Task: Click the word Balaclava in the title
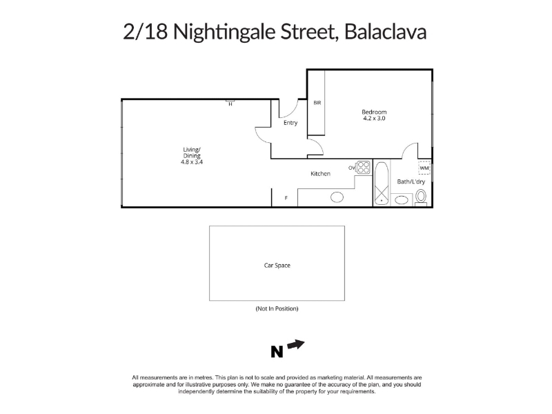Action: coord(386,32)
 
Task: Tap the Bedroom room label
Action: coord(374,112)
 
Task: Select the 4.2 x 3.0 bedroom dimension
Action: coord(374,118)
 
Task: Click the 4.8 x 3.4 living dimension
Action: coord(192,162)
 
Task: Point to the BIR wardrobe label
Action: coord(317,103)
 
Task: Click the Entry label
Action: coord(290,123)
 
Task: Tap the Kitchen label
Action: coord(320,174)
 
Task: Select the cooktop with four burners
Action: coord(364,167)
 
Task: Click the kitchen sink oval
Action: coord(337,197)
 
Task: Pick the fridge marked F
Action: coord(285,198)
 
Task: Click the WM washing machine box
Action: coord(424,168)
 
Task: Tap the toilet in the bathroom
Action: coord(421,197)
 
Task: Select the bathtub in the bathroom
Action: coord(382,183)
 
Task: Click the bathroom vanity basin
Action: coord(402,200)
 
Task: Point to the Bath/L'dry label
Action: coord(411,181)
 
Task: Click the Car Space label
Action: coord(277,266)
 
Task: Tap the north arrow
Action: coord(296,344)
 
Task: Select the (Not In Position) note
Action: coord(277,308)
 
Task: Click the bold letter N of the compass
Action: coord(277,352)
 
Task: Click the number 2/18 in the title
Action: coord(145,32)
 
